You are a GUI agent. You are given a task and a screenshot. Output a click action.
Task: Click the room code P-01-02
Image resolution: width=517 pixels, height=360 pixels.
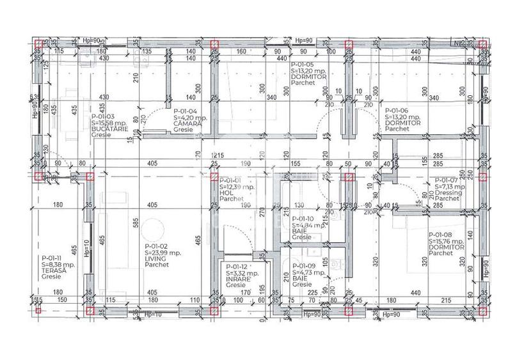click(x=157, y=246)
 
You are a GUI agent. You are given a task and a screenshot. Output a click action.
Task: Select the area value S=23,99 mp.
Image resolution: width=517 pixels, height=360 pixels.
click(x=162, y=252)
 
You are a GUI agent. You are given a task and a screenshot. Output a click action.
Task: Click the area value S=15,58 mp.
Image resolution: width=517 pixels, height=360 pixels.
click(x=109, y=122)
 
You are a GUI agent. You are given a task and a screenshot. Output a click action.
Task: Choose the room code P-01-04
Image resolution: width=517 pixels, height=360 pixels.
click(x=186, y=111)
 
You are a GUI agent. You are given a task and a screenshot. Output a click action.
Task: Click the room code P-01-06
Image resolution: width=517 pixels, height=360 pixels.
click(x=397, y=111)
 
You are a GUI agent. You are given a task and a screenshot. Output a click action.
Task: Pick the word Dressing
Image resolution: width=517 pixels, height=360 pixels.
click(x=446, y=192)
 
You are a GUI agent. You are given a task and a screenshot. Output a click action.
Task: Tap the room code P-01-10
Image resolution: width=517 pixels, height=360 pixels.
click(x=303, y=219)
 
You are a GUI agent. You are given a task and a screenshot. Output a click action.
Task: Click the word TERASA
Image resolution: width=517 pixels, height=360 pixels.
click(x=53, y=270)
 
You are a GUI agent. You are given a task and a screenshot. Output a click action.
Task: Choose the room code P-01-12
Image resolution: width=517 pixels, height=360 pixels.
click(x=237, y=267)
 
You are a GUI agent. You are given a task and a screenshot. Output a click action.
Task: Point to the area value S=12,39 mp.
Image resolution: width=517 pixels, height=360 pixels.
click(x=237, y=187)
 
